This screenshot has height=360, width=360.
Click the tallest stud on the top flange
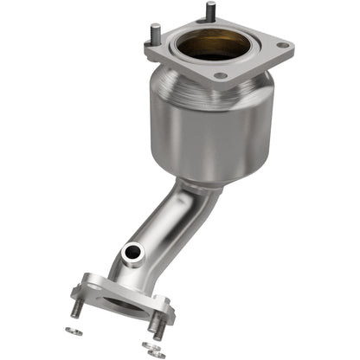[x=209, y=12]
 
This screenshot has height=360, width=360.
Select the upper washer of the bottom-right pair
[x=147, y=345]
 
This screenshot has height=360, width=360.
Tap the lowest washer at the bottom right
[x=157, y=353]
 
